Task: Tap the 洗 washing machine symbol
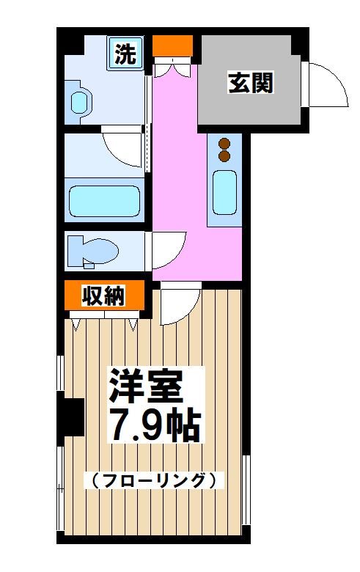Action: click(126, 54)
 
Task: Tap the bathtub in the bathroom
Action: click(104, 201)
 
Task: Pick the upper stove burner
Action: click(224, 144)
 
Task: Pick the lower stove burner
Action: click(224, 155)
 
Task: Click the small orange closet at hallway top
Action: click(172, 46)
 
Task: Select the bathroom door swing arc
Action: click(121, 146)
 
